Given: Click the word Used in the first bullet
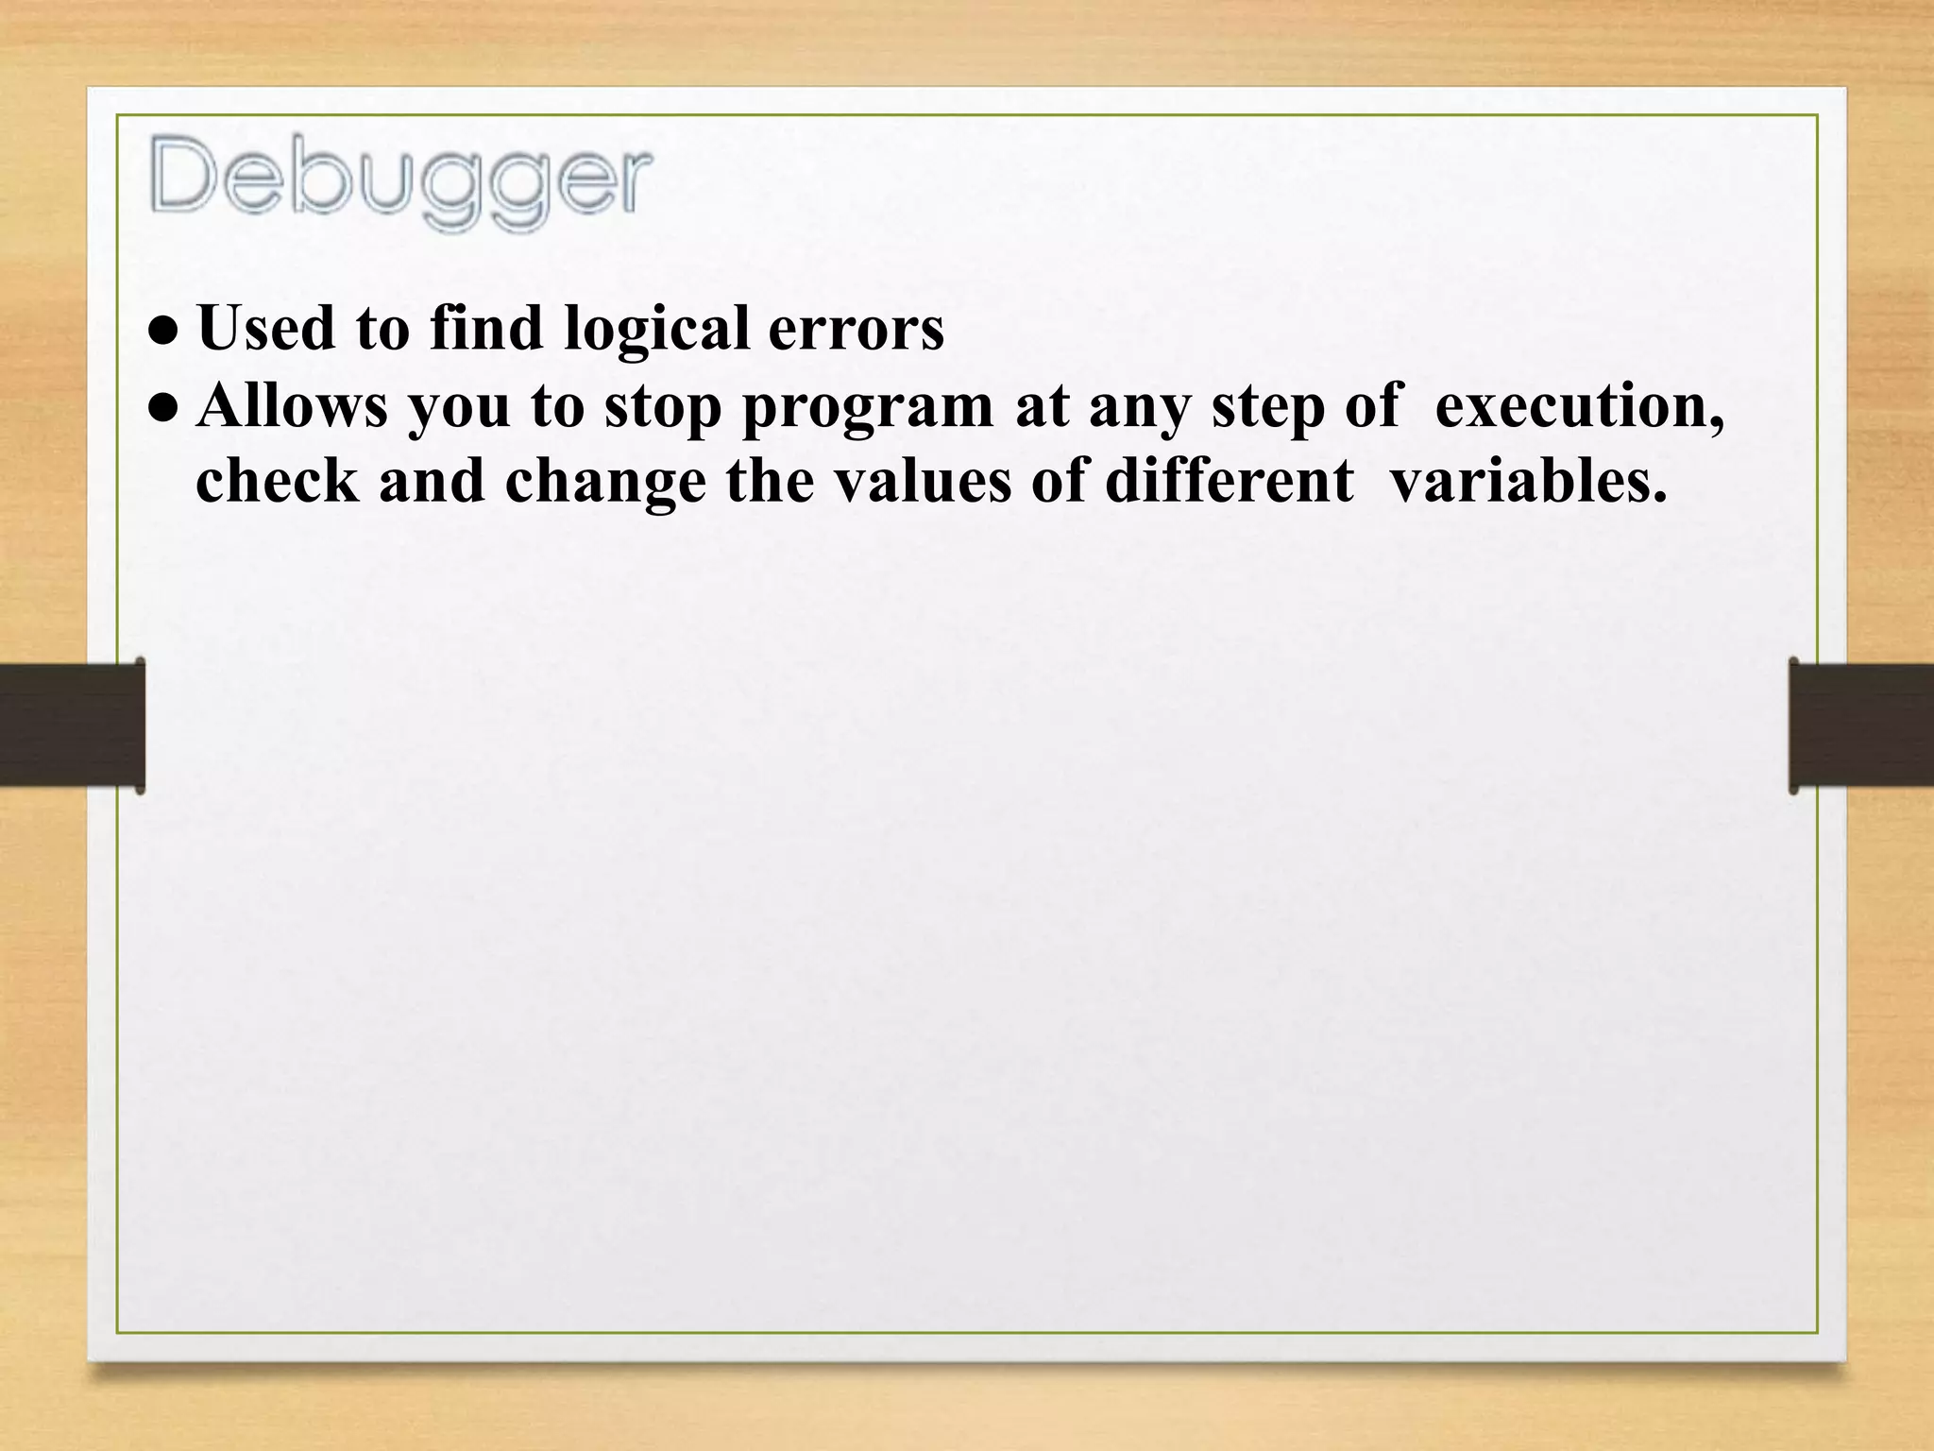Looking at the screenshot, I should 267,328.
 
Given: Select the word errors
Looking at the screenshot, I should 856,329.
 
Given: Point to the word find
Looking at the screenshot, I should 487,328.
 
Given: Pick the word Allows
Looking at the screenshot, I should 293,405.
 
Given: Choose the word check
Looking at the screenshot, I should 278,481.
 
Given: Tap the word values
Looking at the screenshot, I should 920,481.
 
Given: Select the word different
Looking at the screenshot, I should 1230,481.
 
